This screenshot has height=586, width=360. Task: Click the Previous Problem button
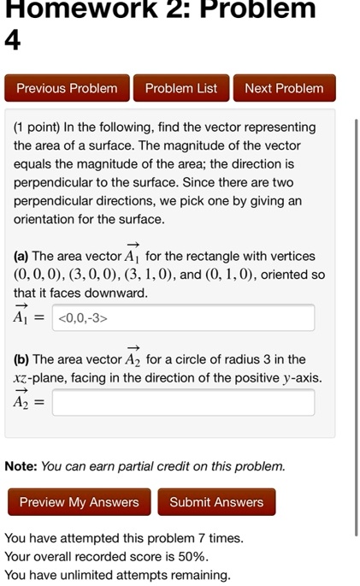click(68, 89)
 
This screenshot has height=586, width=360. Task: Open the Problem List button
click(181, 89)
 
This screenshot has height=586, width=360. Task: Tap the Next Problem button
click(284, 89)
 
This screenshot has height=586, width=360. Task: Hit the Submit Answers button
click(216, 502)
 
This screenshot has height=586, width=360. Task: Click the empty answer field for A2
click(182, 401)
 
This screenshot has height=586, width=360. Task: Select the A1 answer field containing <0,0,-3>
click(182, 318)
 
